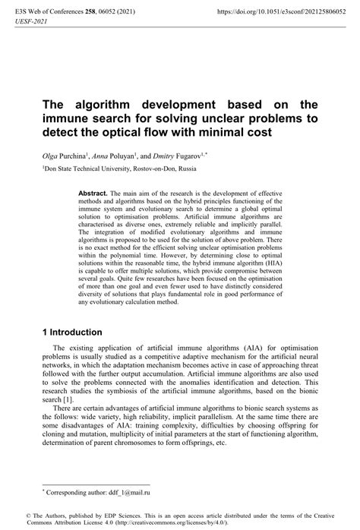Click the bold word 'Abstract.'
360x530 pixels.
pyautogui.click(x=94, y=194)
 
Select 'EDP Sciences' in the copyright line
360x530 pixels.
pyautogui.click(x=111, y=514)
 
